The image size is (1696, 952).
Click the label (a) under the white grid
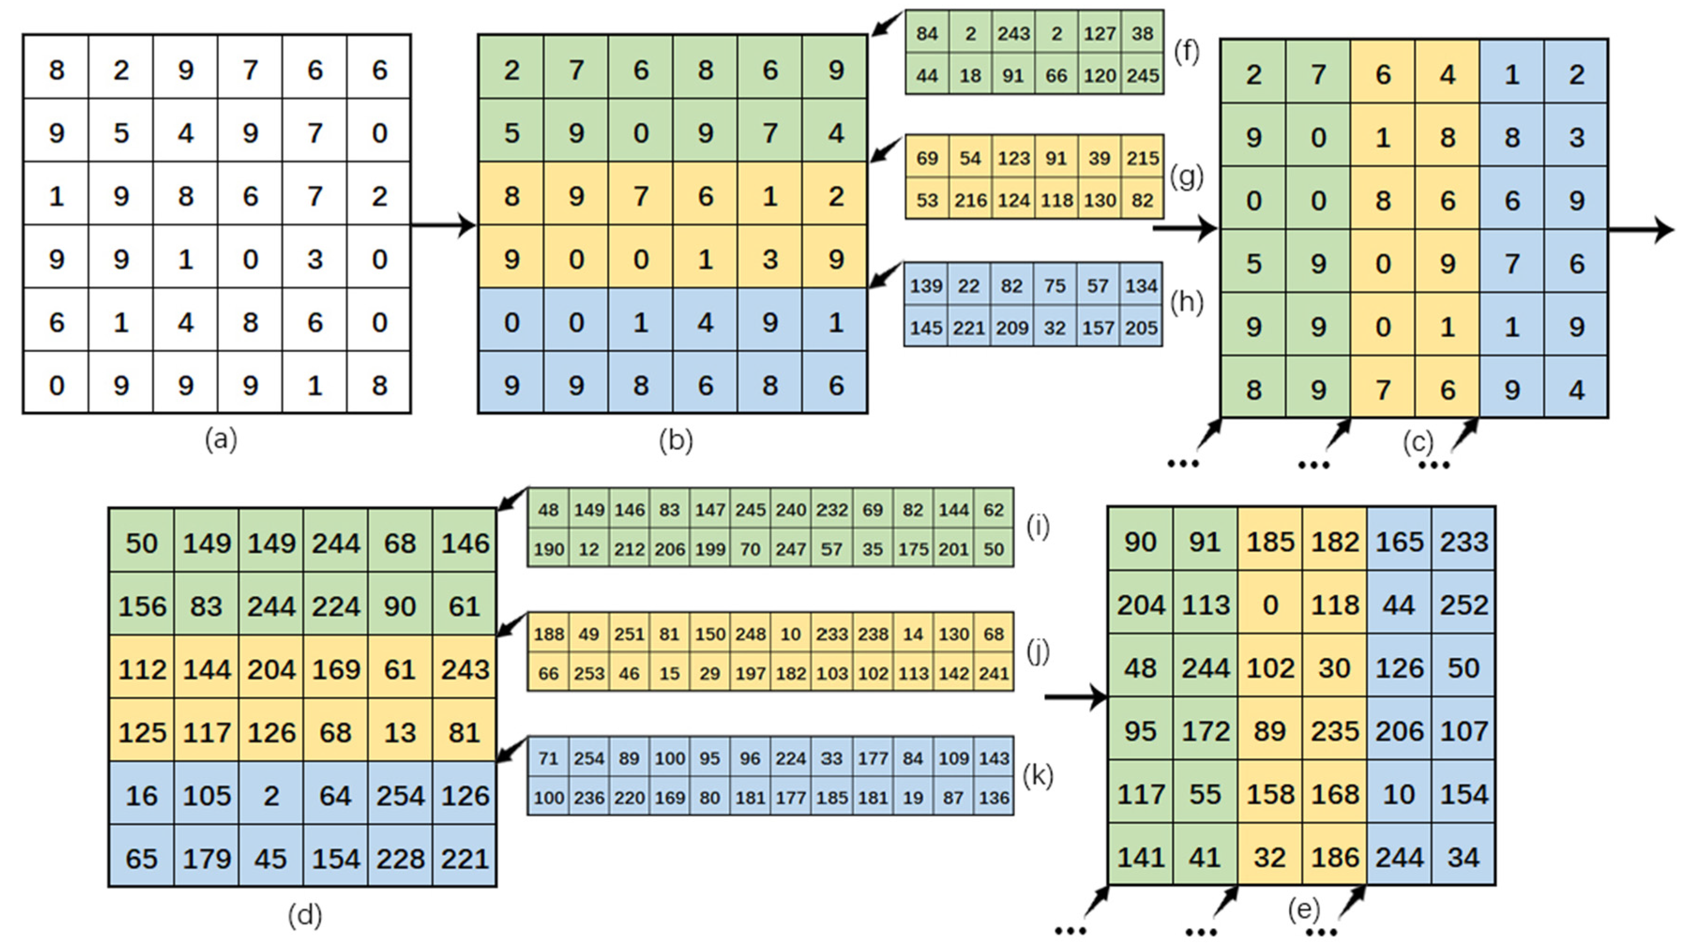pos(220,439)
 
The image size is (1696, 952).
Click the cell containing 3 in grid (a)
pos(315,259)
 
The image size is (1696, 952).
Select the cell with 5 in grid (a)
pos(121,134)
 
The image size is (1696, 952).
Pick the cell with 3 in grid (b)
pos(769,259)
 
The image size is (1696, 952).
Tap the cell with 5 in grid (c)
pos(1253,264)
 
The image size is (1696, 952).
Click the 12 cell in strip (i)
pos(588,549)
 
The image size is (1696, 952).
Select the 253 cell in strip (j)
pos(588,673)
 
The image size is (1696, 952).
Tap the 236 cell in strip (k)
pos(588,798)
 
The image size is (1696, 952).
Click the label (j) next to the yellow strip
pos(1038,652)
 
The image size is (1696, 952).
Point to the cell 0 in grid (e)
pos(1269,605)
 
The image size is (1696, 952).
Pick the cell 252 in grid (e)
pos(1463,605)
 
